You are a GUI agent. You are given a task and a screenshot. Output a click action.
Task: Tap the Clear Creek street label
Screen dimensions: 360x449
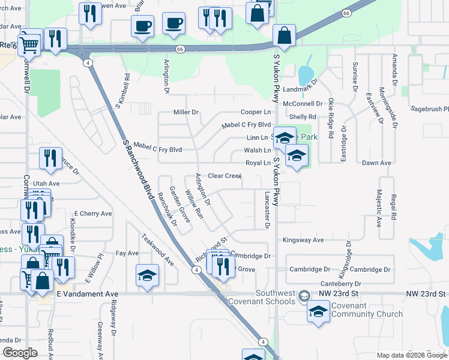click(x=224, y=176)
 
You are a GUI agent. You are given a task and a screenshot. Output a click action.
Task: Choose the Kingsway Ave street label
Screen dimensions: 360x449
click(x=303, y=240)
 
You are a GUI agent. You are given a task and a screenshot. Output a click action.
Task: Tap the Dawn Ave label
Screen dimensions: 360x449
click(x=377, y=163)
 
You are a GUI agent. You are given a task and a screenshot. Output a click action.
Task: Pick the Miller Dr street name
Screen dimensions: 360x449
click(x=185, y=112)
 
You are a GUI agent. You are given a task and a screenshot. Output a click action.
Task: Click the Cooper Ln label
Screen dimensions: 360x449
click(x=255, y=112)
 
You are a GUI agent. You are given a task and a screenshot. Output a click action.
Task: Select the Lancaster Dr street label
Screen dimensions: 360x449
click(x=267, y=210)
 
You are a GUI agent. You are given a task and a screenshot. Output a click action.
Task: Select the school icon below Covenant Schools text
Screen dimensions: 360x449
click(x=318, y=311)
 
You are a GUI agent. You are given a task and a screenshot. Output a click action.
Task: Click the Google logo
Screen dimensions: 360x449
click(x=20, y=353)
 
